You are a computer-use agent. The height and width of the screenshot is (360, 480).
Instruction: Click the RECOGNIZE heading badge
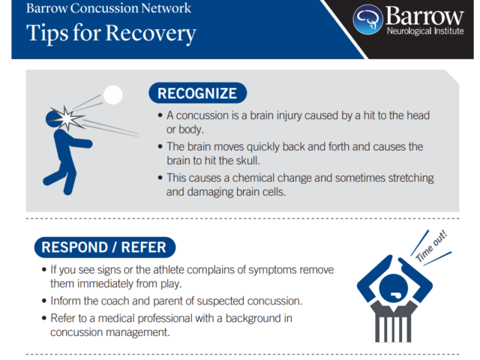pos(198,93)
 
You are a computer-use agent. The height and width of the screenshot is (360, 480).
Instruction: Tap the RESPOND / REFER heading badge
pos(105,247)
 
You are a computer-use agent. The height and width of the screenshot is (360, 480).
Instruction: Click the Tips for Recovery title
pos(111,34)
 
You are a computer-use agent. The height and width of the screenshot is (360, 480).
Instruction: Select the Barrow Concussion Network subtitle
pos(108,8)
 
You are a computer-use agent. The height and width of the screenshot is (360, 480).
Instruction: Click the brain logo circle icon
pos(367,19)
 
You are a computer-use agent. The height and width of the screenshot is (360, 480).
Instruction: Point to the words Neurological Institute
pos(425,31)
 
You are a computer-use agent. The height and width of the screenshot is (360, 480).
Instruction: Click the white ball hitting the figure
pos(113,95)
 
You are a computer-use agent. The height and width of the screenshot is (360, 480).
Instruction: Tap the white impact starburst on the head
pos(67,118)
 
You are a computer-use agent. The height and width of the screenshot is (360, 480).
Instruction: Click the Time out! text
pos(431,246)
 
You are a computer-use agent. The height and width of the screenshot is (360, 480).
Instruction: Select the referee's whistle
pos(395,295)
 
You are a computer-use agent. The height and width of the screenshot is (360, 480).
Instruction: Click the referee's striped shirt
pos(393,322)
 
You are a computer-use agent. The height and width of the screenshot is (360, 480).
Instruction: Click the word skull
pos(247,160)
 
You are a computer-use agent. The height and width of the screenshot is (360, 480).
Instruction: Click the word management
pos(140,332)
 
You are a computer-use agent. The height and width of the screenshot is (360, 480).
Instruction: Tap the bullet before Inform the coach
pos(44,301)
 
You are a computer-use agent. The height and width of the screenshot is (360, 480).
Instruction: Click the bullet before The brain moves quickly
pos(160,147)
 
